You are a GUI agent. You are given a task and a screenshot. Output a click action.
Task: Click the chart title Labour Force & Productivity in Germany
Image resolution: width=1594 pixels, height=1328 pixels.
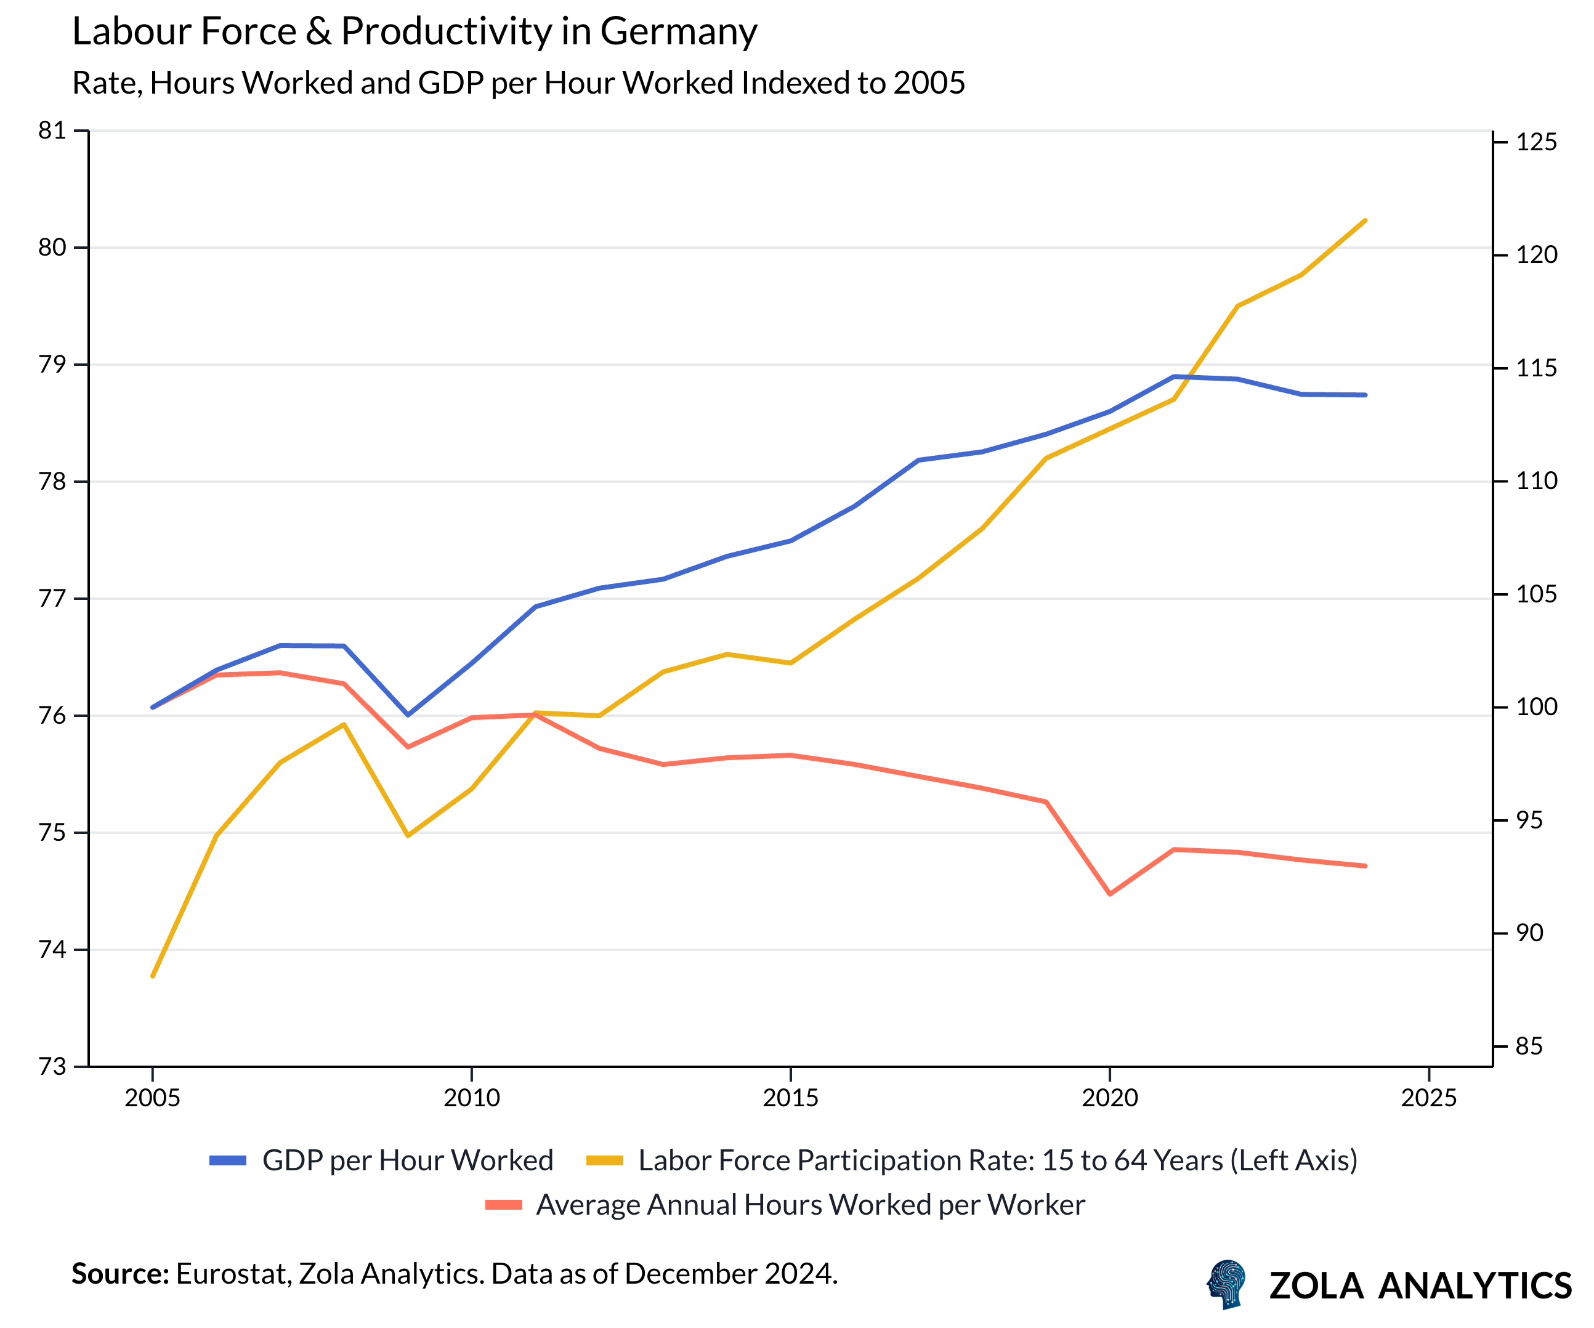(x=415, y=32)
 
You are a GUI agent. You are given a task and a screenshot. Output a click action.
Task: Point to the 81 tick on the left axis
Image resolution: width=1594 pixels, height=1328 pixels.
(x=52, y=131)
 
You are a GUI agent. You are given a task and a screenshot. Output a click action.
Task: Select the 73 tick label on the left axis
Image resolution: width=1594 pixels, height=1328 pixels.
(x=52, y=1066)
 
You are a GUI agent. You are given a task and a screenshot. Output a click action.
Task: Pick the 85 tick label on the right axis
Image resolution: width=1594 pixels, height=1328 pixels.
(x=1529, y=1047)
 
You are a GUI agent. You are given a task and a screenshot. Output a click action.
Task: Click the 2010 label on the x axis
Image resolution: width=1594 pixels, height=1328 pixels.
(x=471, y=1098)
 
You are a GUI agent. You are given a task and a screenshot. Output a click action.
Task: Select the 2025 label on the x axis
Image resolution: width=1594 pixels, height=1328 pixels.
(x=1428, y=1098)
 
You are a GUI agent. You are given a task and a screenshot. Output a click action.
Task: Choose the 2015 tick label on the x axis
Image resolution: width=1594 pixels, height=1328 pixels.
(x=790, y=1098)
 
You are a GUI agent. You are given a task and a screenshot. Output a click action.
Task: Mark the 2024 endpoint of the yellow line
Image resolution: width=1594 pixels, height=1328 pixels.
(x=1365, y=220)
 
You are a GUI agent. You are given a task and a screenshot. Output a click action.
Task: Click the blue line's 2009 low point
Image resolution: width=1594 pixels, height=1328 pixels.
(x=408, y=715)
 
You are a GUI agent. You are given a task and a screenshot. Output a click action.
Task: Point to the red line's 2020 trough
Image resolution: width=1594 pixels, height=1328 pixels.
(x=1110, y=894)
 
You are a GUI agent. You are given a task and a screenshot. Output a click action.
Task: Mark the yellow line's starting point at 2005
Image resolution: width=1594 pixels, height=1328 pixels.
(x=153, y=976)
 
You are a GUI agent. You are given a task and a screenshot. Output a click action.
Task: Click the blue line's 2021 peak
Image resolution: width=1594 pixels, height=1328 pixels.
(x=1173, y=376)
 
